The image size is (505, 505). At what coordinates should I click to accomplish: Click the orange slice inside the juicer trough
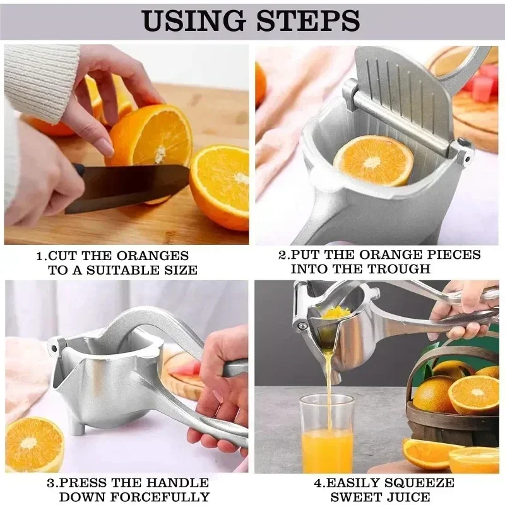click(x=373, y=160)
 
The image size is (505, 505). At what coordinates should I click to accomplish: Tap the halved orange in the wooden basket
click(x=473, y=395)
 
